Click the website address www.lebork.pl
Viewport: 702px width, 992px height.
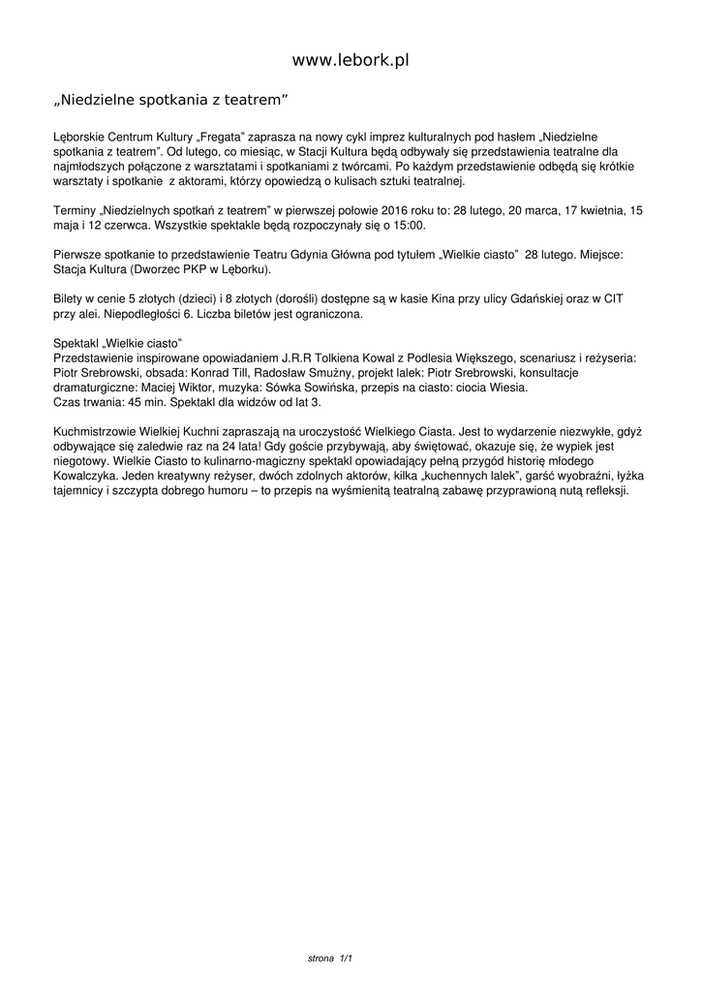pos(351,60)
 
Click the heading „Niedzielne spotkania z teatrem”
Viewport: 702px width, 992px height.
pos(170,100)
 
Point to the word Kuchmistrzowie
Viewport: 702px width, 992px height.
pos(100,433)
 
